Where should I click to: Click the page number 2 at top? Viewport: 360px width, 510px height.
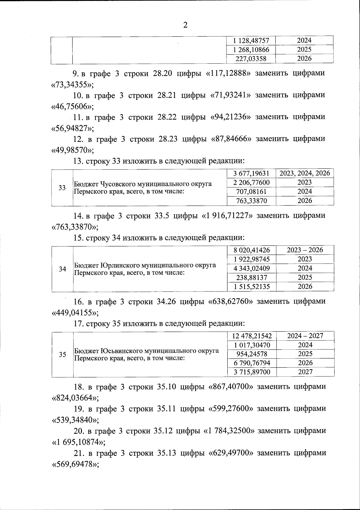tap(185, 25)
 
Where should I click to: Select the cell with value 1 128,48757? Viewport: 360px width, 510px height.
tap(251, 41)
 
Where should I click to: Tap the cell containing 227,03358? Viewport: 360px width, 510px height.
tap(251, 59)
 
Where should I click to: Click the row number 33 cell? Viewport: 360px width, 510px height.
tap(62, 188)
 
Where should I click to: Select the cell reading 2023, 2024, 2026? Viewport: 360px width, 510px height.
tap(304, 173)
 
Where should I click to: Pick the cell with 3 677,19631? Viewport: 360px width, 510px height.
tap(251, 173)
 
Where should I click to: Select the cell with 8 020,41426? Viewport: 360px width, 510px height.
tap(252, 250)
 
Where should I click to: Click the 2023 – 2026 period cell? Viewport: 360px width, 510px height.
tap(305, 250)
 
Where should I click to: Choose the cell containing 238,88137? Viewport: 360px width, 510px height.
tap(252, 278)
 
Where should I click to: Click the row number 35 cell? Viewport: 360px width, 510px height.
tap(62, 355)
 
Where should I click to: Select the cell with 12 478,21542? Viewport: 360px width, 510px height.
tap(252, 336)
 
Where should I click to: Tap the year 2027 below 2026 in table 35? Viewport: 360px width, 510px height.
tap(305, 372)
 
